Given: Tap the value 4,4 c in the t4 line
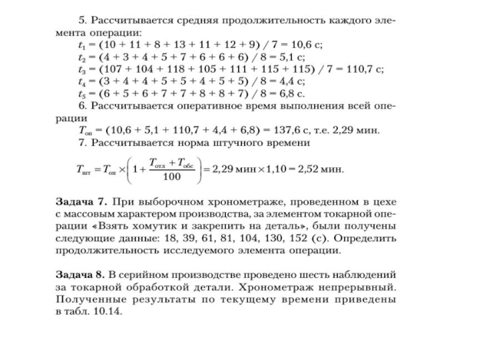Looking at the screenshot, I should [293, 82].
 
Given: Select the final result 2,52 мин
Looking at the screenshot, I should [326, 170].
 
